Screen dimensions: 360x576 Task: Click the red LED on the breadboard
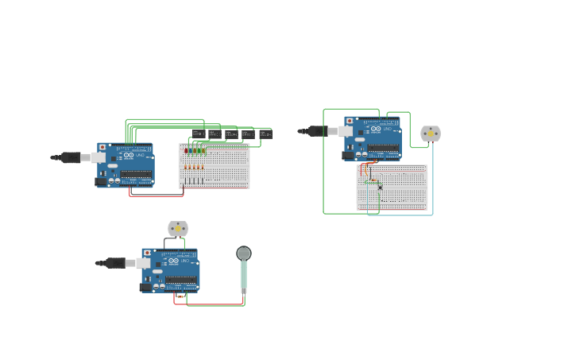[186, 150]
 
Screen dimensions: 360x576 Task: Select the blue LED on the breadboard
[190, 150]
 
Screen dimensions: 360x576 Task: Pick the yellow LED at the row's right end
[203, 150]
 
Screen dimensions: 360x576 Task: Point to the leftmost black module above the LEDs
[199, 134]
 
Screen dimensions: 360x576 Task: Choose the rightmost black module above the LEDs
[265, 134]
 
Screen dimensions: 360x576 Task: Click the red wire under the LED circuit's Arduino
[156, 195]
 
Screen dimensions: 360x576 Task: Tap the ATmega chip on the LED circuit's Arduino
[136, 174]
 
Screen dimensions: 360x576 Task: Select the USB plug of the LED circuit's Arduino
[71, 157]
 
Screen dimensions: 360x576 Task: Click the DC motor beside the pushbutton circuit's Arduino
[431, 134]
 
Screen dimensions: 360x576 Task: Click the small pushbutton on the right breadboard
[380, 187]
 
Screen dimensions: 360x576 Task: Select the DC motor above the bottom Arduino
[178, 229]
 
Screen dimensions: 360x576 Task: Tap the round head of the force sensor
[244, 254]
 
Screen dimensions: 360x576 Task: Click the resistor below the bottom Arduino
[181, 296]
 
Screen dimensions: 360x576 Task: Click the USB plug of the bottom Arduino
[116, 262]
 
